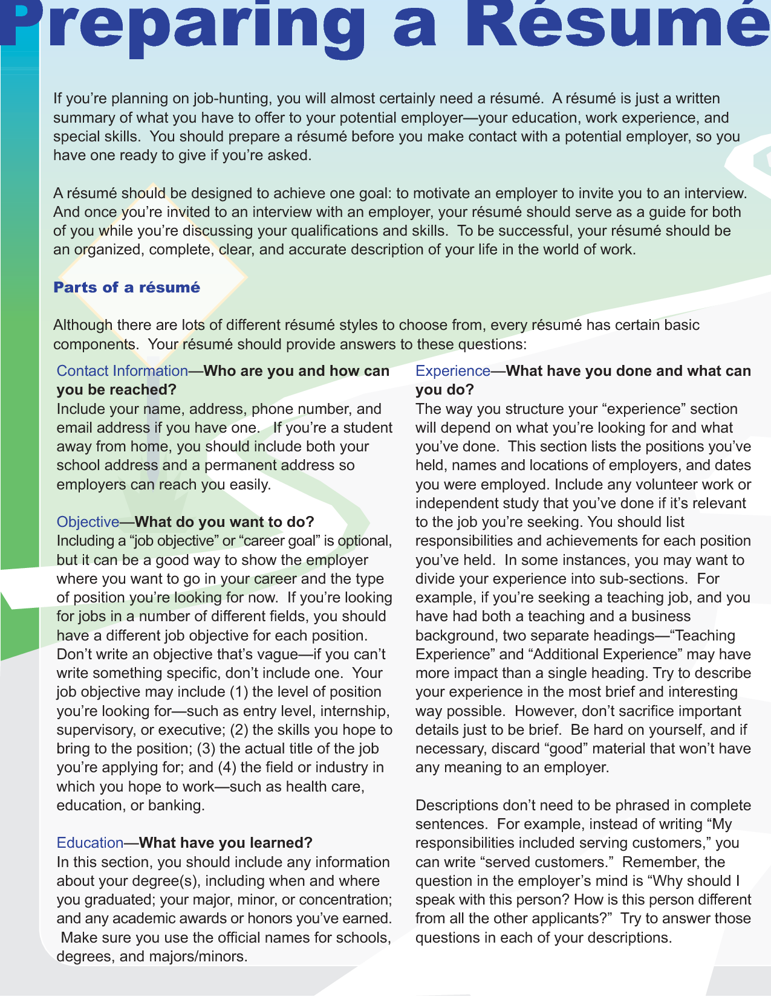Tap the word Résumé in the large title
623,24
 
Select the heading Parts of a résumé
126,287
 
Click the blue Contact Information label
122,370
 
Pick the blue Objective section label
88,521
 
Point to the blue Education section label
89,842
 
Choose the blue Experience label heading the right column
452,370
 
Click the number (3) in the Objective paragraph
206,748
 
